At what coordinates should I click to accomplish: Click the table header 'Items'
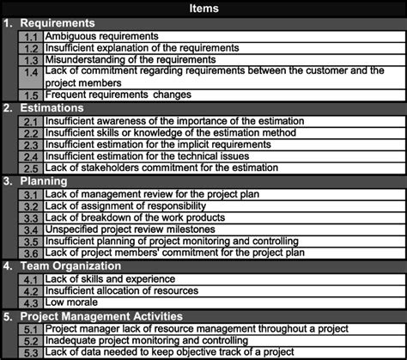click(203, 9)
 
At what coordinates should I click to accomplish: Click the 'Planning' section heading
click(43, 182)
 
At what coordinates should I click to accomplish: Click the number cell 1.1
click(31, 37)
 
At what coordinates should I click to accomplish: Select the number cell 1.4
click(31, 76)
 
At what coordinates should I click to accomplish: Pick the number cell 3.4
click(31, 230)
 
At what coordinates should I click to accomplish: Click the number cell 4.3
click(31, 303)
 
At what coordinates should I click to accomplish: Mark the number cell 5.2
click(31, 340)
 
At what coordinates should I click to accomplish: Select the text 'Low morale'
click(71, 303)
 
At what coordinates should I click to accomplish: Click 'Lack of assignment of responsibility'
click(125, 206)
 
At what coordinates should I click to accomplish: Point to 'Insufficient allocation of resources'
click(125, 291)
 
